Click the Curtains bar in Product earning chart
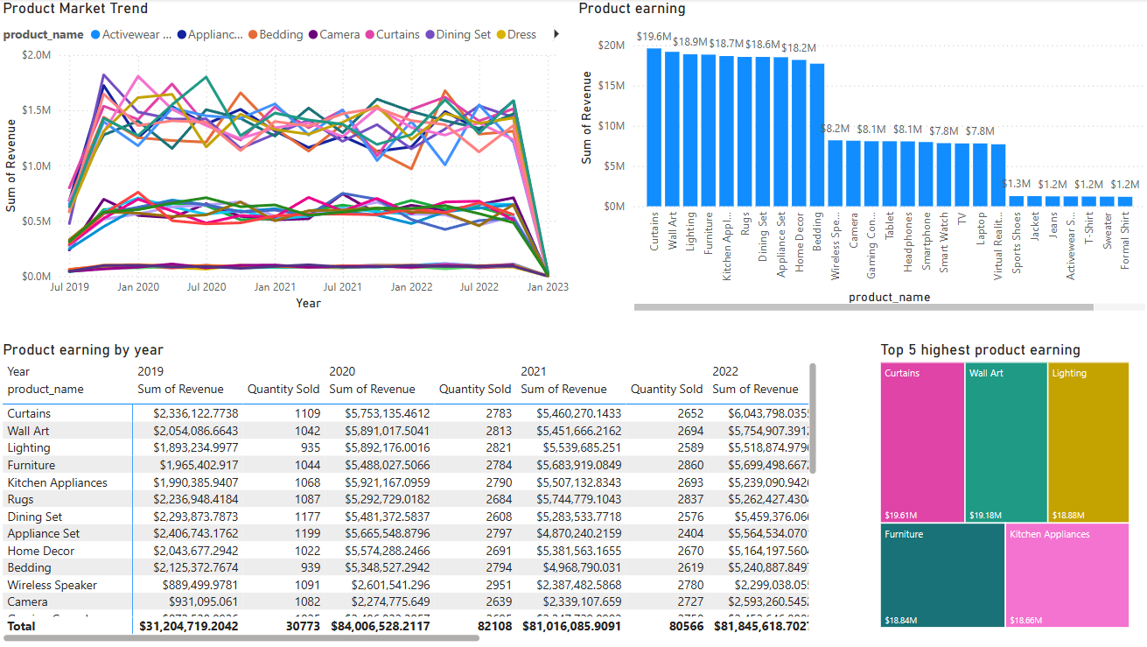pos(654,127)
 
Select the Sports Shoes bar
pos(1016,200)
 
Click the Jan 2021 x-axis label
pos(274,287)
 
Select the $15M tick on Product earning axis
pos(611,86)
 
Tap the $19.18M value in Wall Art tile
pos(984,516)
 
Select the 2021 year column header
pos(533,371)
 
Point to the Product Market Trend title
pos(75,9)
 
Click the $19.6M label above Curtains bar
pos(654,37)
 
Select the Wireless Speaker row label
pos(52,585)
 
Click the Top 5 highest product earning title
pos(980,350)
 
